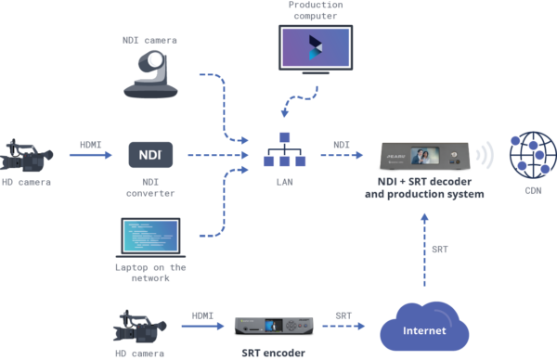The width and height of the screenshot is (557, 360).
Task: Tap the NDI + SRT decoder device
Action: coord(424,153)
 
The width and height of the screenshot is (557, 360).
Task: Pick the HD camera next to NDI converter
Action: coord(32,155)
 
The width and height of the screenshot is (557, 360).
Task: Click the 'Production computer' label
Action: coord(316,11)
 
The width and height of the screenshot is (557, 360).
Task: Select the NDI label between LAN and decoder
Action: coord(342,144)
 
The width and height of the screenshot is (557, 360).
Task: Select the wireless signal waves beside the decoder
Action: coord(484,153)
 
